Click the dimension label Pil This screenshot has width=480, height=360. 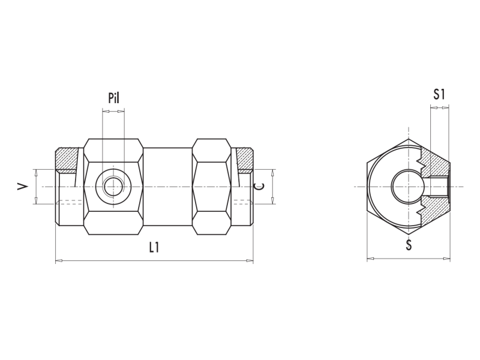click(114, 98)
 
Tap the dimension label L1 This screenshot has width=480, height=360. click(154, 247)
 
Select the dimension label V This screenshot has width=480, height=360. click(23, 187)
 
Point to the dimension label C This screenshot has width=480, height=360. click(260, 186)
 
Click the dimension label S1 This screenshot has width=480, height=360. click(439, 94)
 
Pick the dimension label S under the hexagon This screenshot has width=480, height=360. click(409, 245)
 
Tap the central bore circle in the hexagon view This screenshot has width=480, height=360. click(406, 186)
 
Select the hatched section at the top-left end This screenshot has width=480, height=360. click(67, 160)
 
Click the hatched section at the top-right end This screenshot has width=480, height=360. click(244, 160)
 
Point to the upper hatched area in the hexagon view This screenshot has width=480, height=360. click(435, 165)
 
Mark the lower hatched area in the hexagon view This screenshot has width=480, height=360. click(435, 208)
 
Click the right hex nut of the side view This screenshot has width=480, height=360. click(212, 187)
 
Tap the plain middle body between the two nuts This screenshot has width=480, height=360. click(167, 187)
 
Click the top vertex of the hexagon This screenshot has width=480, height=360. click(409, 139)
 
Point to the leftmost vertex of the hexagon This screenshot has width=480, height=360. click(367, 187)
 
